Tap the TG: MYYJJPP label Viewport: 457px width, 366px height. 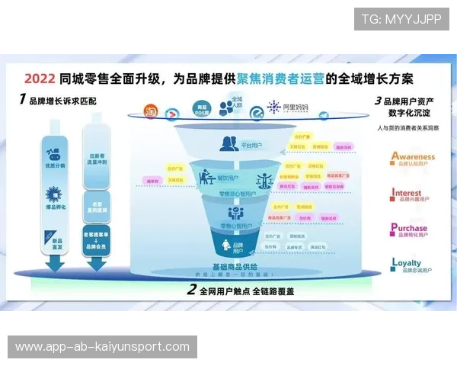(401, 19)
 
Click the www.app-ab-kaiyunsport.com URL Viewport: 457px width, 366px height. (103, 347)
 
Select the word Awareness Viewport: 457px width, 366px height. (414, 156)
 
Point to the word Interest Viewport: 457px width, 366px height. (407, 193)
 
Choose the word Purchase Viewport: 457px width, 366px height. (409, 227)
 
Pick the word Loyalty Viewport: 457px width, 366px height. (407, 263)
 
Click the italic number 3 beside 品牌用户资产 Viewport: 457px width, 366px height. (378, 101)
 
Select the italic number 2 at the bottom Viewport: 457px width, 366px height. (192, 290)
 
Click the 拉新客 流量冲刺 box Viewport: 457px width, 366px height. (96, 159)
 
